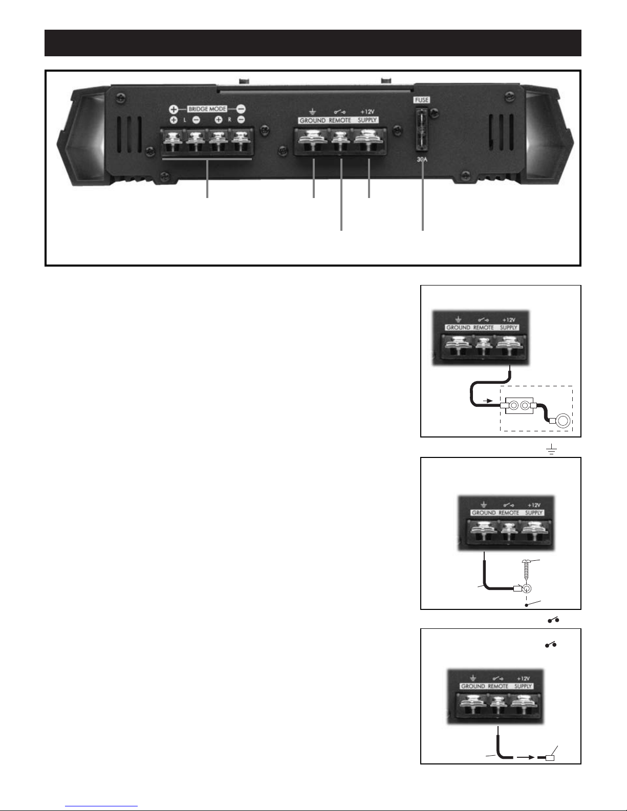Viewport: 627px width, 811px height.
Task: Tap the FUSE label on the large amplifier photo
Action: [422, 101]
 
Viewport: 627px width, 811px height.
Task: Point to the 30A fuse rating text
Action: [423, 159]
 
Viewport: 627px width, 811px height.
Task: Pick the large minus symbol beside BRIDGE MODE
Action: [241, 109]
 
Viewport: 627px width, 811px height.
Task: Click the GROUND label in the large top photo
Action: [312, 120]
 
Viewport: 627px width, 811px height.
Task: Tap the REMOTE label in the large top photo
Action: [340, 120]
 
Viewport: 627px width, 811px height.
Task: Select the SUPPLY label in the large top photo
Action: [367, 120]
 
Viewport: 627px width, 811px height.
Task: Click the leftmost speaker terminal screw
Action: [172, 140]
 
